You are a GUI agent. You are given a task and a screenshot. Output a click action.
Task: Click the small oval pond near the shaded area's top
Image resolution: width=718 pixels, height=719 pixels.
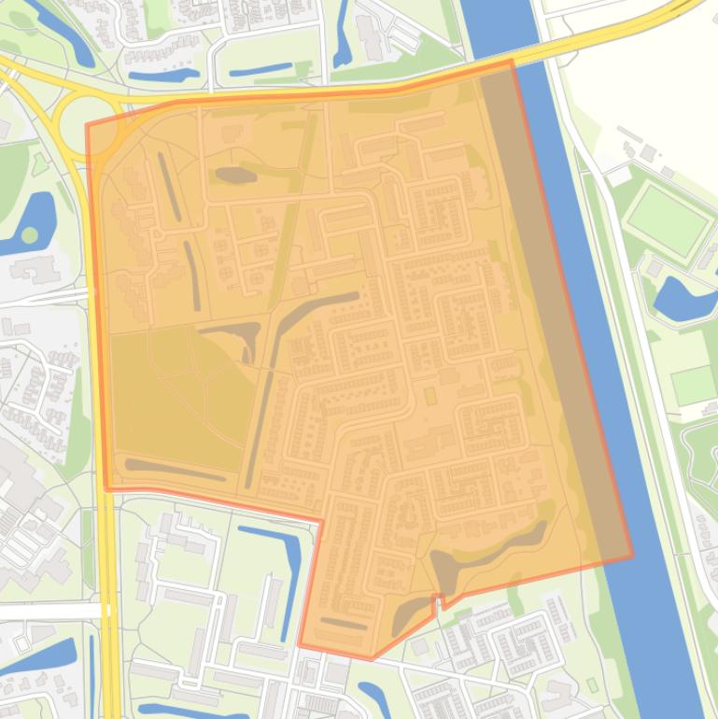[234, 174]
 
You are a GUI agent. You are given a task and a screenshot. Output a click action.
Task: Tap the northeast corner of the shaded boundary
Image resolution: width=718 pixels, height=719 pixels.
[512, 61]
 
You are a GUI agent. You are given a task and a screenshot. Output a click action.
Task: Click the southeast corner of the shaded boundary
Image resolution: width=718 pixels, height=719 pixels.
[632, 557]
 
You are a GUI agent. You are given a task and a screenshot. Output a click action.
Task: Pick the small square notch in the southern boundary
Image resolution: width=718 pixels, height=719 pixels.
[436, 600]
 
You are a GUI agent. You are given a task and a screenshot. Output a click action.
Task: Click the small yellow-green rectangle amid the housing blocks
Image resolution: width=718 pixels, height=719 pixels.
[430, 396]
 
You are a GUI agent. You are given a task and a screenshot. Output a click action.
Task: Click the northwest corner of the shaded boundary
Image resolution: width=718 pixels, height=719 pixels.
[87, 125]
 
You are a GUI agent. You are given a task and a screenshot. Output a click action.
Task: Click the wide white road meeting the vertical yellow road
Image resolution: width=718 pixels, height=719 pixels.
[47, 611]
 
